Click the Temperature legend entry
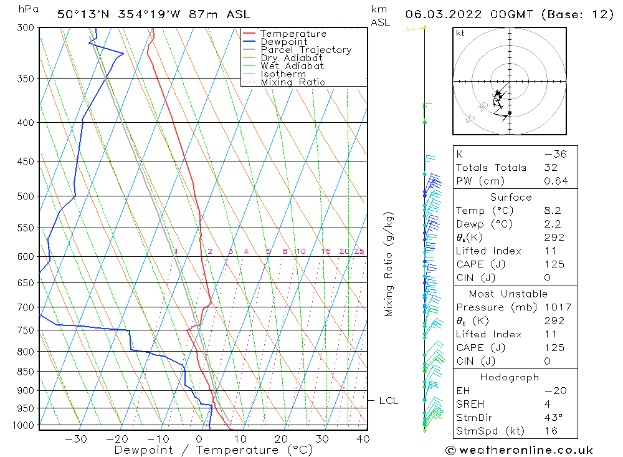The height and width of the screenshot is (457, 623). tap(293, 34)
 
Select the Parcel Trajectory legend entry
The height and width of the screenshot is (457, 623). tap(305, 50)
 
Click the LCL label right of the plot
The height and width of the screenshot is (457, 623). tap(388, 401)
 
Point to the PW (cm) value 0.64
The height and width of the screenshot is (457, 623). tap(556, 181)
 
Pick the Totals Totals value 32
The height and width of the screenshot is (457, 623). tap(551, 168)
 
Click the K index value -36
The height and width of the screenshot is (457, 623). tap(554, 154)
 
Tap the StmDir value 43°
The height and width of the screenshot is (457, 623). tap(553, 418)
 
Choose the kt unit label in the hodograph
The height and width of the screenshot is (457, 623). tap(460, 33)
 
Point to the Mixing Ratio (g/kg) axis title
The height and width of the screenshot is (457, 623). tap(389, 264)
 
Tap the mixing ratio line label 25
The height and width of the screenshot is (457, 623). tap(359, 251)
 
